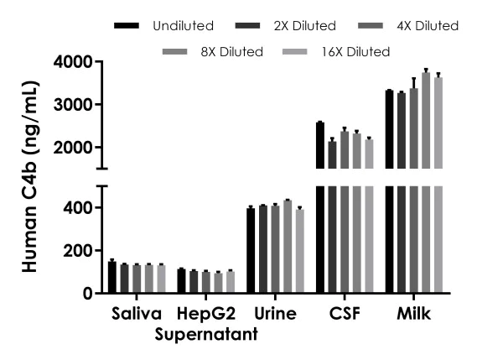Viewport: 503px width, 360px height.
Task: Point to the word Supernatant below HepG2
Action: point(205,336)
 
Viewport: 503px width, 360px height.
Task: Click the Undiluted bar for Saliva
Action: point(112,278)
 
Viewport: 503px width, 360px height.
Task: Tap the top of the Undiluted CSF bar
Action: point(319,124)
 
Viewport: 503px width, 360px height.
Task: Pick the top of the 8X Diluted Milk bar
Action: point(426,74)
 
